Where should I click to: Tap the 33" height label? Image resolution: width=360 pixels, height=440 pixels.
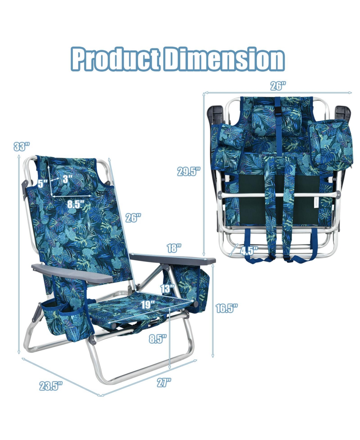[x=22, y=146]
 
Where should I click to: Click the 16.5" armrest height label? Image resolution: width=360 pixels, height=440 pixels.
[x=227, y=308]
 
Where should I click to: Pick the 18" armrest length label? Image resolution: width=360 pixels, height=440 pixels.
[x=174, y=248]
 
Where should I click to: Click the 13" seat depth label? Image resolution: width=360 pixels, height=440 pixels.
[x=167, y=289]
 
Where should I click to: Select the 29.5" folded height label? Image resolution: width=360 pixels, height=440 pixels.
[x=189, y=171]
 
